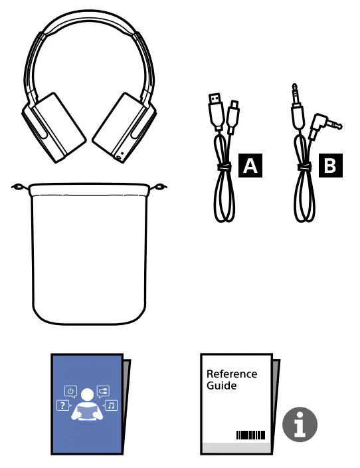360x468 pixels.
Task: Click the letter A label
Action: point(250,166)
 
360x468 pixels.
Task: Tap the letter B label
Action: point(328,166)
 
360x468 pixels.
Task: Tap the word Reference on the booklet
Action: point(231,374)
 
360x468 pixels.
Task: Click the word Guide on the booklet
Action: point(221,386)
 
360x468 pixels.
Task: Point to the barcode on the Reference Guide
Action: point(250,435)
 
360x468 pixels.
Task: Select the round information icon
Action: point(300,424)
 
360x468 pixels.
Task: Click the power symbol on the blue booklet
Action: point(70,391)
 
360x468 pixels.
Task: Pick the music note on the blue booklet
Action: point(111,405)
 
